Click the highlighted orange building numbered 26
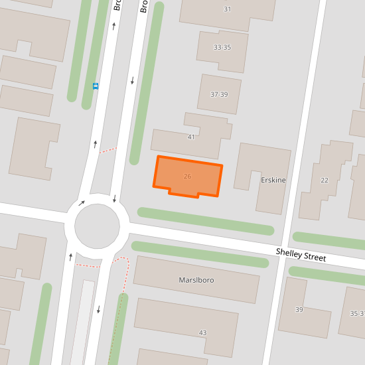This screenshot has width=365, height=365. click(x=188, y=177)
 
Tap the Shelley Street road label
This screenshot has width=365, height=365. click(x=301, y=254)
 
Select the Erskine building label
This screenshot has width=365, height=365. click(x=273, y=181)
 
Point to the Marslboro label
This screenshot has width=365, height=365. click(x=196, y=280)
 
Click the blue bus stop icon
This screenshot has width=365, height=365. click(x=96, y=86)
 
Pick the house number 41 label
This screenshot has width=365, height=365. click(x=191, y=137)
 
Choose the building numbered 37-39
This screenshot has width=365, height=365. click(x=219, y=94)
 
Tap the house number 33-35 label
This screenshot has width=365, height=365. click(x=222, y=48)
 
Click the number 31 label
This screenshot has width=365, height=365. click(x=227, y=9)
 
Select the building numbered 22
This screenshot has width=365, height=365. click(x=325, y=181)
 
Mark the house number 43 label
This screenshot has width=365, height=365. click(x=202, y=332)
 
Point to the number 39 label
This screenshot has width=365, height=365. click(x=299, y=311)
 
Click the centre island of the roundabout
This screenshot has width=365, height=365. click(x=97, y=226)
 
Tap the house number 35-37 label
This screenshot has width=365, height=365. click(x=357, y=313)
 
